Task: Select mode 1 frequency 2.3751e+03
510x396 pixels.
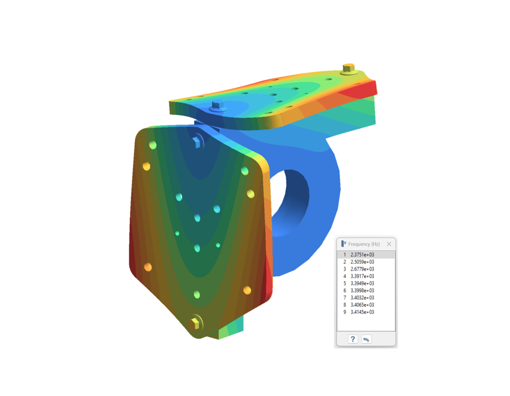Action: pos(362,255)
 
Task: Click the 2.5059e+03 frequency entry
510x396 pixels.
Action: pos(362,262)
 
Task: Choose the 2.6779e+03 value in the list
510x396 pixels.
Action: pos(362,269)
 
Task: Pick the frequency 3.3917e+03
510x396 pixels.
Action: pos(362,276)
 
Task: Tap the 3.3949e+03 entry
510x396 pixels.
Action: pos(362,283)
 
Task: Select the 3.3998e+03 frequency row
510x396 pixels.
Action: pos(362,290)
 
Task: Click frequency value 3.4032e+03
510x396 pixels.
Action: pos(362,298)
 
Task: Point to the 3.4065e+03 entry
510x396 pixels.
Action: pos(362,305)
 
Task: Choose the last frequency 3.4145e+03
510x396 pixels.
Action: pos(362,312)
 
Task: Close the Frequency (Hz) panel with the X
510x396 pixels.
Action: pos(389,244)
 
